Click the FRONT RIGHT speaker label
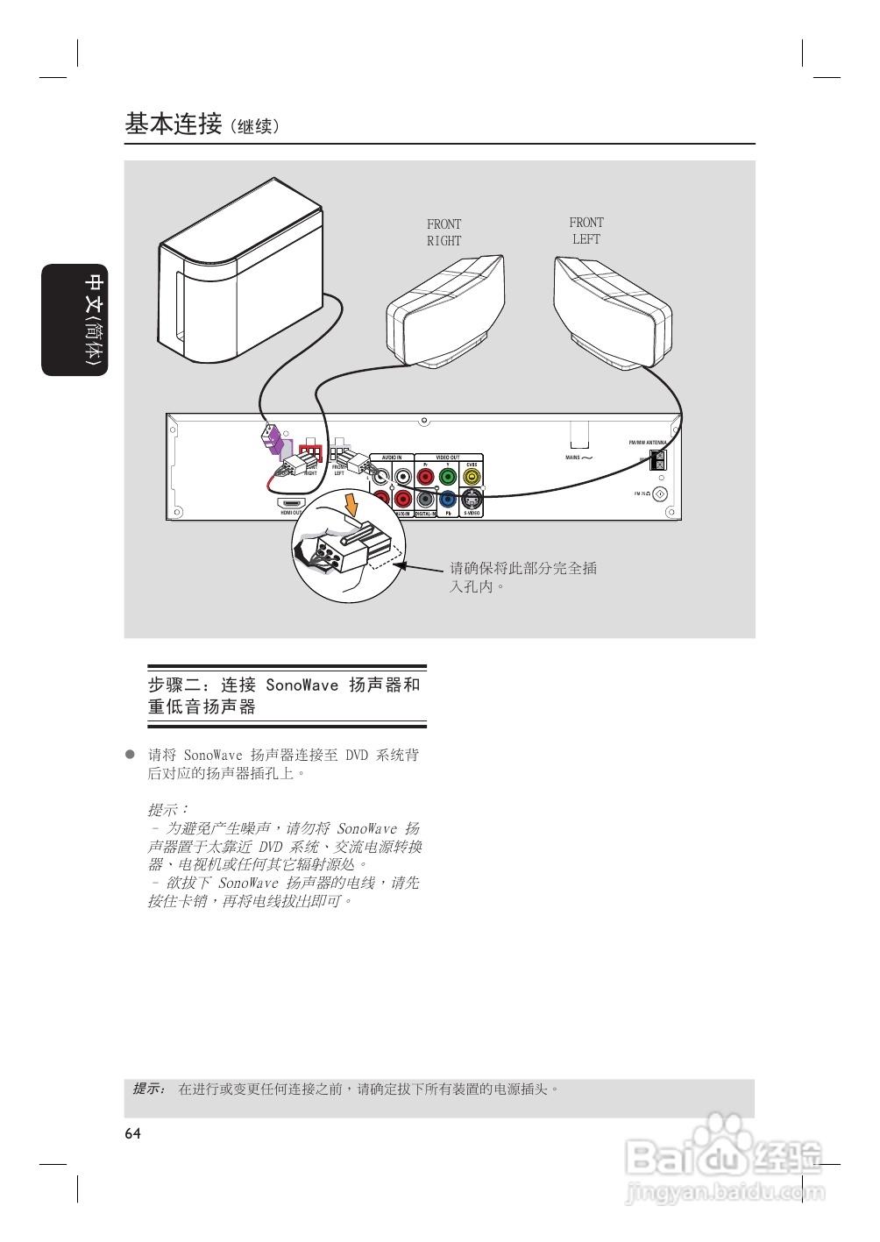coord(444,232)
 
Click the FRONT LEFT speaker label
coord(586,231)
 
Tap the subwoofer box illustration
coord(241,273)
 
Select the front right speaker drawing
coord(446,311)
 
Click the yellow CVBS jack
coord(472,477)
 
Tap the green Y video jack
coord(448,477)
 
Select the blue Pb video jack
coord(448,500)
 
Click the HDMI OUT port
coord(291,504)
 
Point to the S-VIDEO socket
coord(472,500)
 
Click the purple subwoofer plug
coord(273,437)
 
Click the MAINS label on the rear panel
coord(573,458)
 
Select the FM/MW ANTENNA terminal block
coord(660,458)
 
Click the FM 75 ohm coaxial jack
coord(660,494)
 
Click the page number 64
coord(132,1133)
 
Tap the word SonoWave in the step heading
coord(302,685)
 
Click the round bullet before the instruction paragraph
coord(130,754)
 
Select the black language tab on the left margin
coord(75,320)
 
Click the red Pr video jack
coord(425,477)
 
